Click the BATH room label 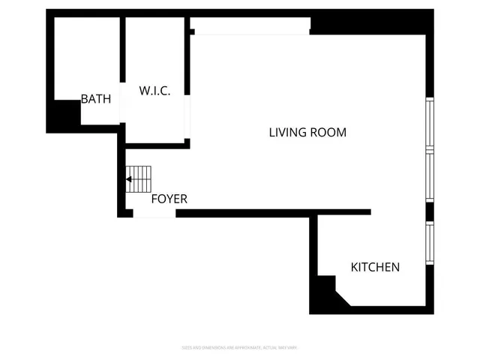96,99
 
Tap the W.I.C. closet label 155,91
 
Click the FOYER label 169,199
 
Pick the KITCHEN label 375,267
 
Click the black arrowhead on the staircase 129,180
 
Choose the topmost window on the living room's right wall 430,124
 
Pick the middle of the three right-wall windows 430,176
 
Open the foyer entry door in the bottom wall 154,214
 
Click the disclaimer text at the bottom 240,347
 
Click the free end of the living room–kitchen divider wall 368,212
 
